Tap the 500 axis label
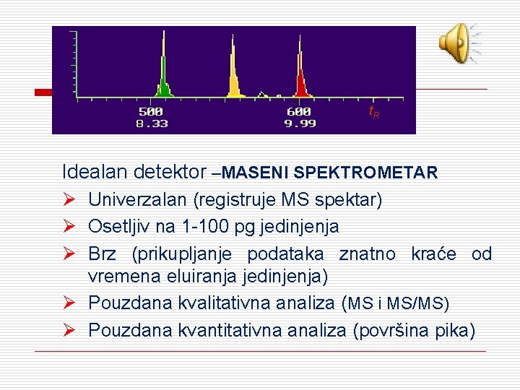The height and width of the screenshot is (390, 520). coord(151,112)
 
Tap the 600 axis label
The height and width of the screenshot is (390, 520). coord(299,112)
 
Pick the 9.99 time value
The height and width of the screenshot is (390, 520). coord(299,123)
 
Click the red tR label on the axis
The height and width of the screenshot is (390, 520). coord(374,113)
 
